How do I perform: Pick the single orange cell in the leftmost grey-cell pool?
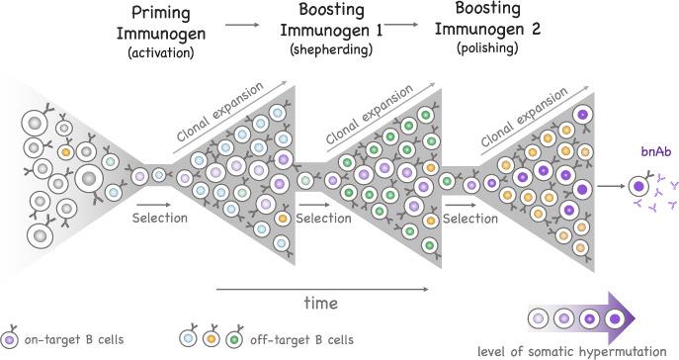tap(65, 154)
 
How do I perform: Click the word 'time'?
tap(321, 302)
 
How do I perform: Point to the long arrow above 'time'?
tap(321, 289)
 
